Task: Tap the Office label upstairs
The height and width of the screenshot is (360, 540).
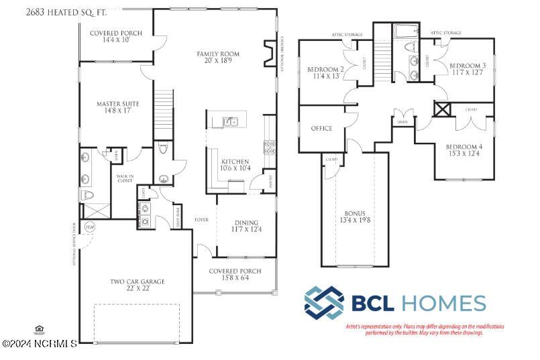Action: tap(321, 128)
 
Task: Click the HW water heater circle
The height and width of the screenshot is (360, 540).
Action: tap(90, 227)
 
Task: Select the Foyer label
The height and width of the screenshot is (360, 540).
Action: tap(201, 220)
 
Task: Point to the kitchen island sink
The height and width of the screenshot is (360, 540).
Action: tap(229, 121)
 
